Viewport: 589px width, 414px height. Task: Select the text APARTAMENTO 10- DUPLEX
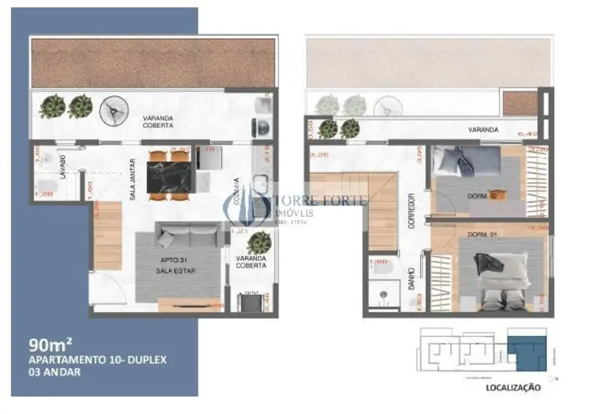[98, 360]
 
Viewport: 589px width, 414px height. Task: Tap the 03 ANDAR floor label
[55, 373]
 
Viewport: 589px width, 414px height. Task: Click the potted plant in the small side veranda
[260, 242]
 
